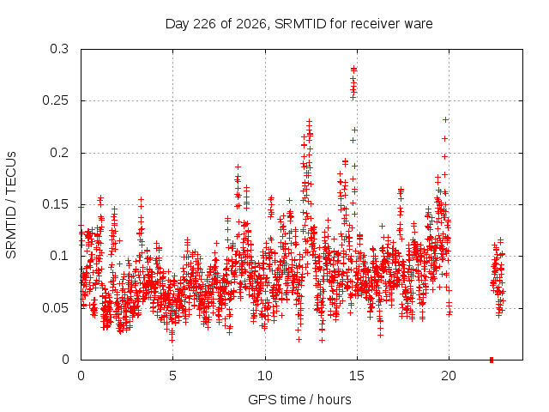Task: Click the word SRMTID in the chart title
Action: (300, 24)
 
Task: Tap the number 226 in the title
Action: (205, 24)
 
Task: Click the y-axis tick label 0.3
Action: (59, 49)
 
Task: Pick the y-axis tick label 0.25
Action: (55, 100)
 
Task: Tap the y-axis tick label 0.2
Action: (59, 153)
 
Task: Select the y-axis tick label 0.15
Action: (55, 204)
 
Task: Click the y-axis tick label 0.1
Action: (59, 256)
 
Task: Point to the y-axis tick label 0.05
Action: (55, 308)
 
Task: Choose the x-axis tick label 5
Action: (172, 376)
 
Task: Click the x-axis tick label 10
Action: (265, 376)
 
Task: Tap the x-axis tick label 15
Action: (357, 376)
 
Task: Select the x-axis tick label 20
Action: (449, 376)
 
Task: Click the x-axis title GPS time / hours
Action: (299, 400)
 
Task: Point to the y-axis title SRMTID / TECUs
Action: (11, 205)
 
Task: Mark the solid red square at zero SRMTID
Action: (492, 360)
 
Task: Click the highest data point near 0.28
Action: (353, 69)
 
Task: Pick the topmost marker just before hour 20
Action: (445, 120)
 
